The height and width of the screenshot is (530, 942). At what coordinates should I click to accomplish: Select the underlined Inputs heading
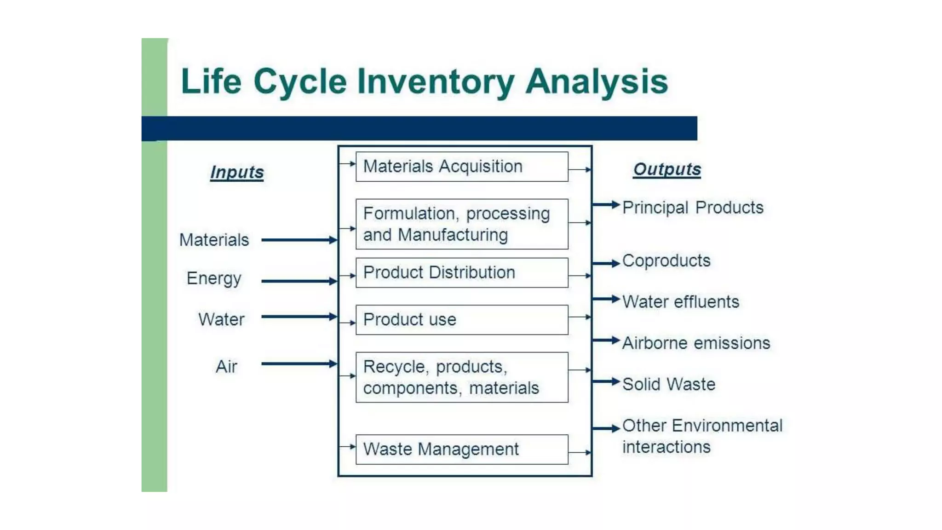[237, 172]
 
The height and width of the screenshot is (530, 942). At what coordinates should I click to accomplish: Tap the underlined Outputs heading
[667, 169]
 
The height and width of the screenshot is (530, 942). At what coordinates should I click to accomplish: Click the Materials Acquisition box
[462, 167]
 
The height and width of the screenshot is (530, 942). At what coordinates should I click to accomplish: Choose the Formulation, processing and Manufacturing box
[462, 224]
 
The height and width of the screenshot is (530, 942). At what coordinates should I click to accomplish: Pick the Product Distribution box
[462, 273]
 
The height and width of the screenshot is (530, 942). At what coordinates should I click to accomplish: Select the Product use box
[462, 320]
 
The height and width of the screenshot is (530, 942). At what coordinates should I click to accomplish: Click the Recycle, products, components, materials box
[462, 377]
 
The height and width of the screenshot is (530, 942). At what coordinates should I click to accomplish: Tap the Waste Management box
[462, 449]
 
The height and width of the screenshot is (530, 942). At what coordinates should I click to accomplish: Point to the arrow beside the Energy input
[299, 281]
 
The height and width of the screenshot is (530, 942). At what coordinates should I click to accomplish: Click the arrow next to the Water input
[299, 317]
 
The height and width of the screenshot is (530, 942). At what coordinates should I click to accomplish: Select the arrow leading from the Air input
[299, 364]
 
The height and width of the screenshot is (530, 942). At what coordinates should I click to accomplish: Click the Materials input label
[214, 240]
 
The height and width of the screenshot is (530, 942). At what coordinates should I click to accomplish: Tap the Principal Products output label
[693, 207]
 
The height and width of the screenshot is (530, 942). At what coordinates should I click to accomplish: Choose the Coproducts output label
[666, 261]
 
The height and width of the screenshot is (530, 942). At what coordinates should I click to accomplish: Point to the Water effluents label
[681, 302]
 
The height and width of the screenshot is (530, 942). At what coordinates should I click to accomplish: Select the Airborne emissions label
[696, 343]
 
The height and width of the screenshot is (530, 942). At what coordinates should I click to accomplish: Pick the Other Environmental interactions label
[702, 436]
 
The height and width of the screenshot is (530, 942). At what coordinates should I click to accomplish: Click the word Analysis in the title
[597, 82]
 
